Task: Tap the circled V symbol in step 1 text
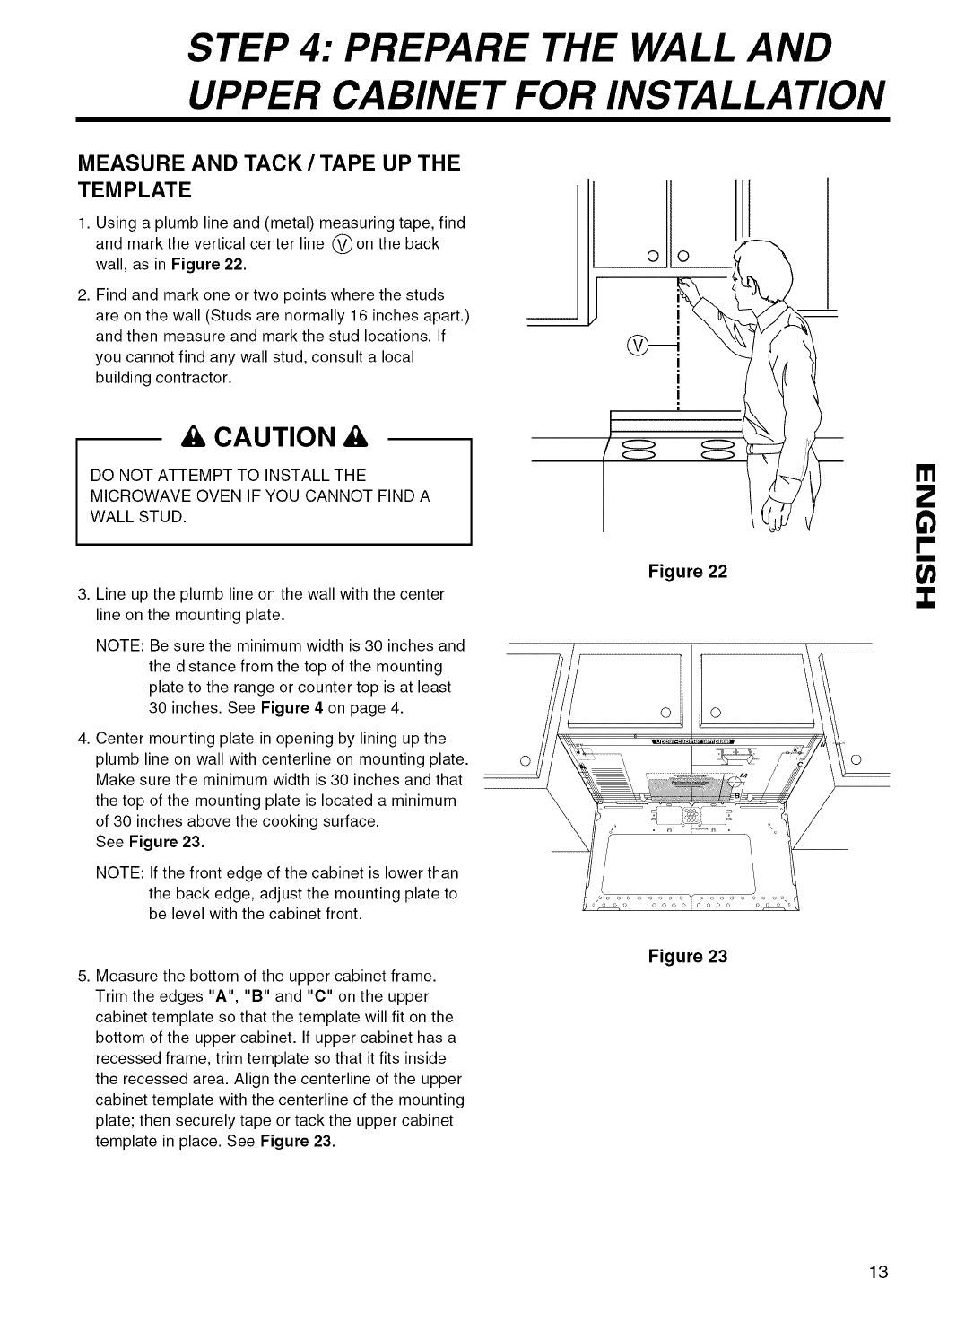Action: coord(342,243)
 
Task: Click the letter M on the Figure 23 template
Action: coord(743,776)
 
